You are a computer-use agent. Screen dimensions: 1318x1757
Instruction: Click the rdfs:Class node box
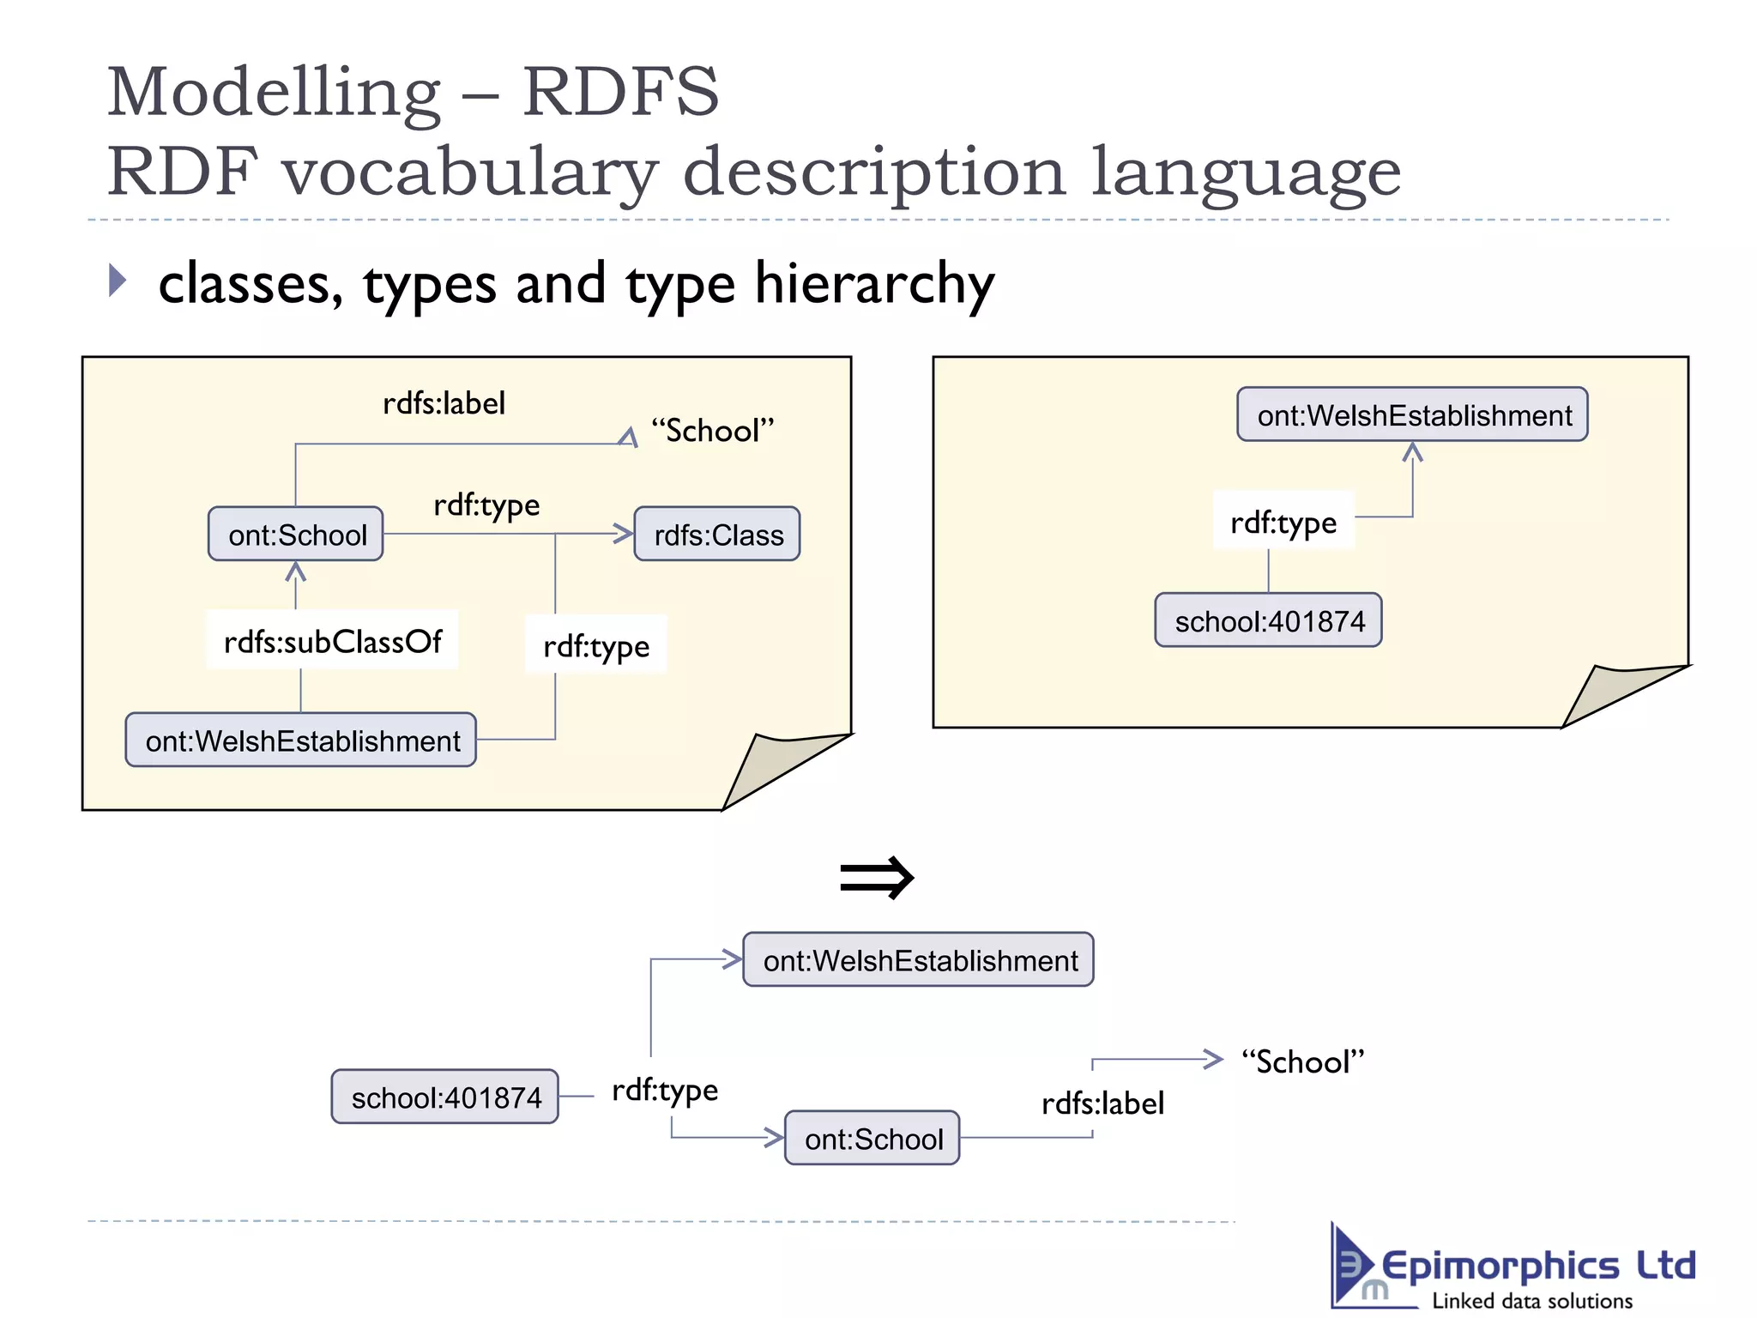pyautogui.click(x=717, y=535)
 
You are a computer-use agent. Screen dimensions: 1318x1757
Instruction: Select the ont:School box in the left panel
pyautogui.click(x=296, y=535)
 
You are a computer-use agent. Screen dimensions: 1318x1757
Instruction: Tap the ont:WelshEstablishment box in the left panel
pyautogui.click(x=301, y=740)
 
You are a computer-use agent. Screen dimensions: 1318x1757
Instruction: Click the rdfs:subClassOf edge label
pyautogui.click(x=332, y=641)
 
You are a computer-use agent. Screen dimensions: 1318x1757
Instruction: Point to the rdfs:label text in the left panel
pyautogui.click(x=444, y=403)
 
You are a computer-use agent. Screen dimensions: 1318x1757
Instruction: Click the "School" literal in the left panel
pyautogui.click(x=712, y=431)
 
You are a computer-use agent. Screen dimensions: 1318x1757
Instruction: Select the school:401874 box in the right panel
pyautogui.click(x=1268, y=620)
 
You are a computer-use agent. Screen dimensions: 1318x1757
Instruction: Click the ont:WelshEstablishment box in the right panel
pyautogui.click(x=1413, y=415)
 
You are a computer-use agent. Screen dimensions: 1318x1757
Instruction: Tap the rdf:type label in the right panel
pyautogui.click(x=1283, y=522)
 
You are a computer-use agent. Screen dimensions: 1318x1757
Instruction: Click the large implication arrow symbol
pyautogui.click(x=877, y=878)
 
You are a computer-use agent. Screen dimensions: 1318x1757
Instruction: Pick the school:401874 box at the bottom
pyautogui.click(x=445, y=1097)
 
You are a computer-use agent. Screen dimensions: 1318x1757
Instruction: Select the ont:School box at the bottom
pyautogui.click(x=872, y=1139)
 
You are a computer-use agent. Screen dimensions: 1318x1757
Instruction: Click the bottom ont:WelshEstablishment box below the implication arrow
pyautogui.click(x=919, y=960)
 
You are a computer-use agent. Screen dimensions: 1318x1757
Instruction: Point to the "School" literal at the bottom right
pyautogui.click(x=1302, y=1062)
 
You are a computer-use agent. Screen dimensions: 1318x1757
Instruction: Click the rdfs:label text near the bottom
pyautogui.click(x=1102, y=1103)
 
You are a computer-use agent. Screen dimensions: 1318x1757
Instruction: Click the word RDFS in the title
pyautogui.click(x=620, y=92)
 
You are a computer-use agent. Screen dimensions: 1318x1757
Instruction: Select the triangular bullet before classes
pyautogui.click(x=118, y=281)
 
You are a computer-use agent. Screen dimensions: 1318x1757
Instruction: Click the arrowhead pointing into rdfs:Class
pyautogui.click(x=624, y=534)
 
